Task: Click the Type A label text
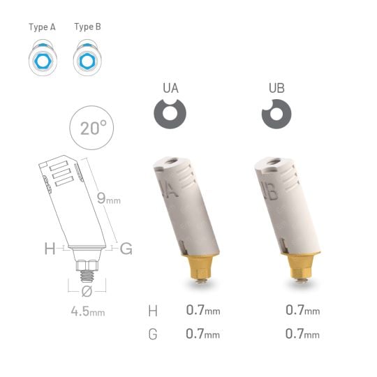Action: point(41,27)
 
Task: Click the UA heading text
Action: point(170,89)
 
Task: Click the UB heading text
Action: point(276,89)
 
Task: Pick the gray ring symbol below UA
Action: point(170,114)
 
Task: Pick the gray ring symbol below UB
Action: point(275,114)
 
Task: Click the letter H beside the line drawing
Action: point(49,247)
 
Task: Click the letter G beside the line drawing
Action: point(126,247)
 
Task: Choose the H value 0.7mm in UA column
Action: point(202,310)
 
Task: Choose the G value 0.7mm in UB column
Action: point(302,334)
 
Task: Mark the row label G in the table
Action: point(153,334)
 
